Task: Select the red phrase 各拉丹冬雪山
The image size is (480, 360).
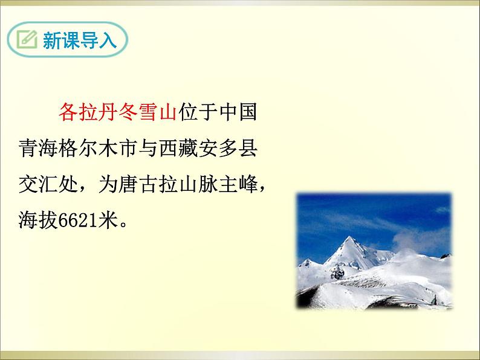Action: pos(117,112)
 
